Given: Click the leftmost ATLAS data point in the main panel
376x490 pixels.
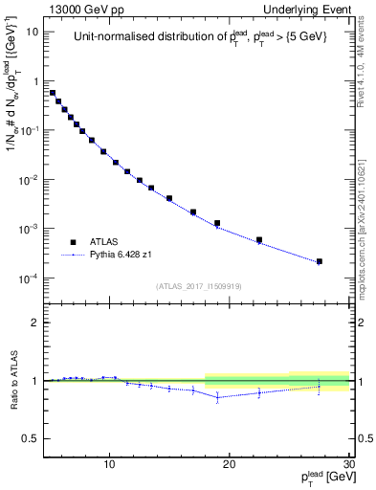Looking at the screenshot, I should coord(53,93).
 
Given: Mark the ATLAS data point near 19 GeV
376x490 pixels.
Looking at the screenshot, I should coord(217,224).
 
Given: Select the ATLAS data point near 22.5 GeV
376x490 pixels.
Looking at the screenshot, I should coord(259,240).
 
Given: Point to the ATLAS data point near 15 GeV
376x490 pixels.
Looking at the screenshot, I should coord(169,199).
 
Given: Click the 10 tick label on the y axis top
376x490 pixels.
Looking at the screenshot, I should coord(32,32).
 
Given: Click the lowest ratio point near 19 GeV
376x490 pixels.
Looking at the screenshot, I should coord(217,397).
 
